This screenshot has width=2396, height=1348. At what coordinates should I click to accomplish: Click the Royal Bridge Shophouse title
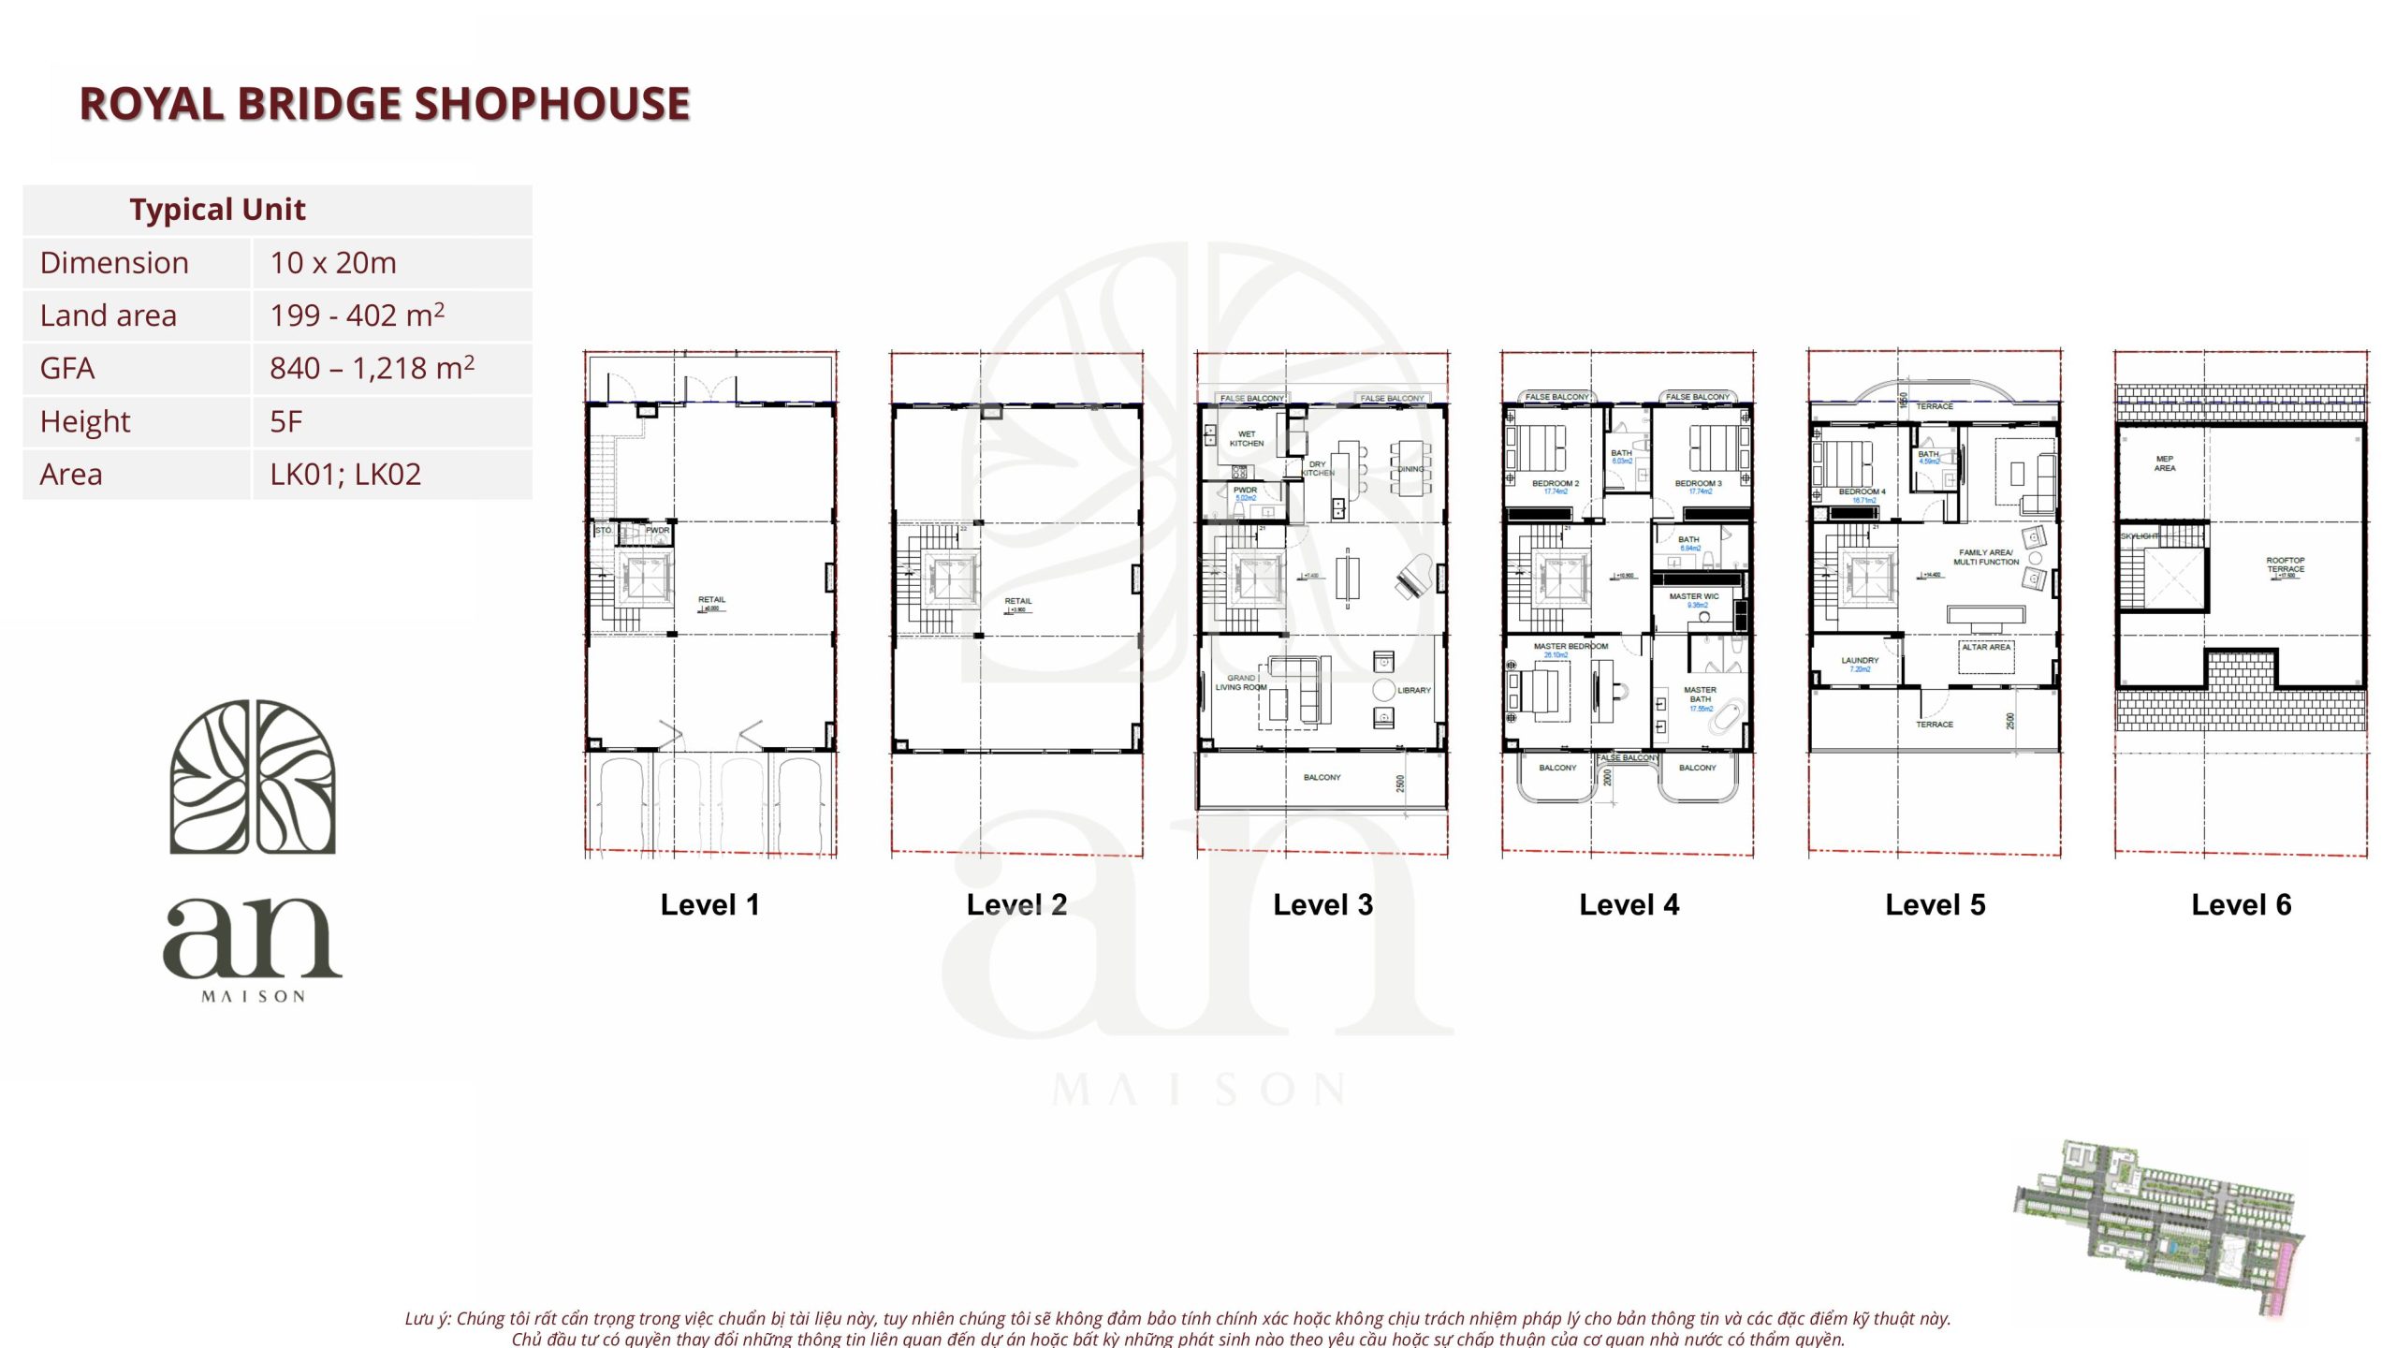coord(384,104)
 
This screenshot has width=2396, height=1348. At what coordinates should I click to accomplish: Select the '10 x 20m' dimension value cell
coord(333,263)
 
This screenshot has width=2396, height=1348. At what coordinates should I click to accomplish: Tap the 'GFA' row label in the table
coord(67,369)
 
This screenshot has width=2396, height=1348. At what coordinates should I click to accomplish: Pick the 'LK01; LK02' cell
coord(345,475)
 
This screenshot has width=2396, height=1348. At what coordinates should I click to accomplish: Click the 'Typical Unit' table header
coord(217,210)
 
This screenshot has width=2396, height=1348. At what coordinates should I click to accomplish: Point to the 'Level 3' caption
coord(1322,905)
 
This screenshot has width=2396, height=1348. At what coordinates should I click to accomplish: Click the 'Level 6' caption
coord(2241,905)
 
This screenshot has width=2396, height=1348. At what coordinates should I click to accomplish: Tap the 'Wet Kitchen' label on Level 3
coord(1246,439)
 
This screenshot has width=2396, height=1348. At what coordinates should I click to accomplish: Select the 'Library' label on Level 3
coord(1413,691)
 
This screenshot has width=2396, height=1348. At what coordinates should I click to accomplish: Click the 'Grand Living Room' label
coord(1240,682)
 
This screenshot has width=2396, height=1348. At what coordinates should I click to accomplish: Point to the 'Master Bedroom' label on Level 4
coord(1570,647)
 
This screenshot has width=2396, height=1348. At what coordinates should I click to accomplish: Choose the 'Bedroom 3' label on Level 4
coord(1698,484)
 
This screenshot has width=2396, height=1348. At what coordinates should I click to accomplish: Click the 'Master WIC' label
coord(1693,597)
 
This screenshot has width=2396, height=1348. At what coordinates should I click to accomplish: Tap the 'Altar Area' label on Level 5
coord(1985,648)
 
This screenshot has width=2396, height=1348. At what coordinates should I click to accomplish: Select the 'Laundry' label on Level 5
coord(1859,661)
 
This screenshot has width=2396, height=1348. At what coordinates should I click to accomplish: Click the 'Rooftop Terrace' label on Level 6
coord(2285,565)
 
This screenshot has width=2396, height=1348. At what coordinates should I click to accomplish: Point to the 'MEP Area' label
coord(2164,463)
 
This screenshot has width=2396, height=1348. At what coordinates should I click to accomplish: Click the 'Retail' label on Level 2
coord(1017,602)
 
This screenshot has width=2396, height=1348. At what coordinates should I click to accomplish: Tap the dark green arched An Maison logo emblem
coord(253,777)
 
